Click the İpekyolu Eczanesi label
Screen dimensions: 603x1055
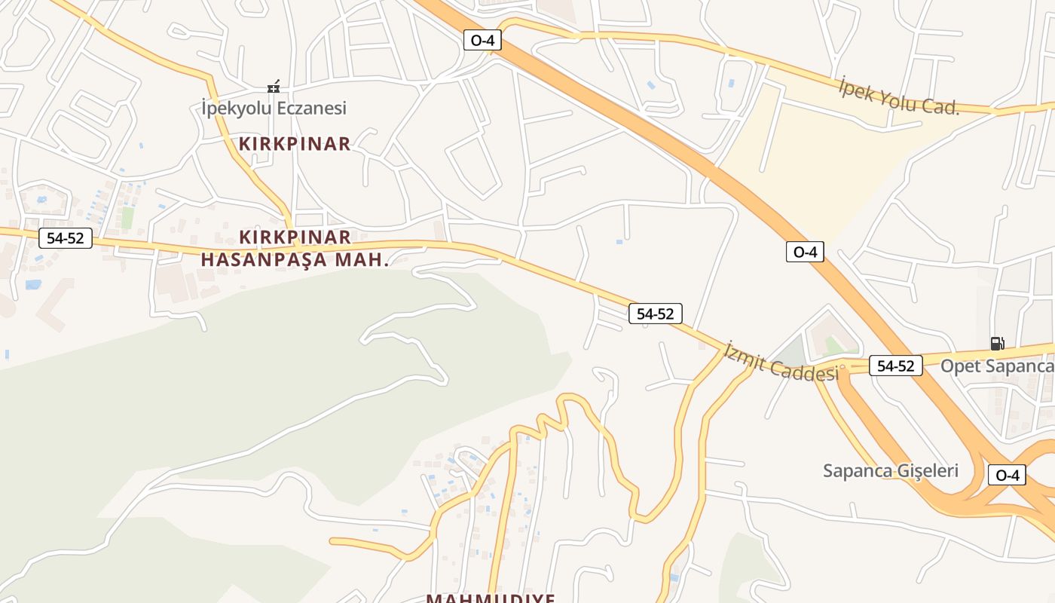[274, 108]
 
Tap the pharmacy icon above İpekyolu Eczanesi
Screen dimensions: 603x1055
[274, 87]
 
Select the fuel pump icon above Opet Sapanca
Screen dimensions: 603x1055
[997, 344]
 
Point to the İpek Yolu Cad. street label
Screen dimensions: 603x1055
[899, 96]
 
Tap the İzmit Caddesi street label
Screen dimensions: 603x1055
[781, 362]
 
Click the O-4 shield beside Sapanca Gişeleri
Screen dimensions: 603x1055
[1007, 475]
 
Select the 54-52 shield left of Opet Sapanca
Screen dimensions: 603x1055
[895, 366]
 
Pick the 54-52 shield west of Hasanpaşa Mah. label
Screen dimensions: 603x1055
[65, 238]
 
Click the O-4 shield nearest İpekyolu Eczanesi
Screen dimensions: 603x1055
[482, 40]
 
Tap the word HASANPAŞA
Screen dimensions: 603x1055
[264, 260]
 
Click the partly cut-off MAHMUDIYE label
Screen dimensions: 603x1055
[491, 598]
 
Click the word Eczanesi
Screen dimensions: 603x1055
[311, 108]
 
